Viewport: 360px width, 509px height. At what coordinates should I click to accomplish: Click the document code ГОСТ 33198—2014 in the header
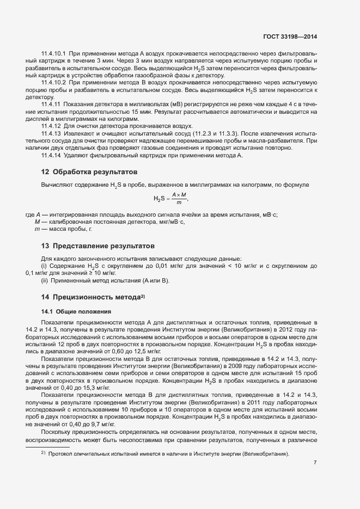coord(289,36)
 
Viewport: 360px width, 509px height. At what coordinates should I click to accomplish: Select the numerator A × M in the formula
coord(179,195)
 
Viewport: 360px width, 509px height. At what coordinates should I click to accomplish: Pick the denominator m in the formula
coord(179,203)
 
